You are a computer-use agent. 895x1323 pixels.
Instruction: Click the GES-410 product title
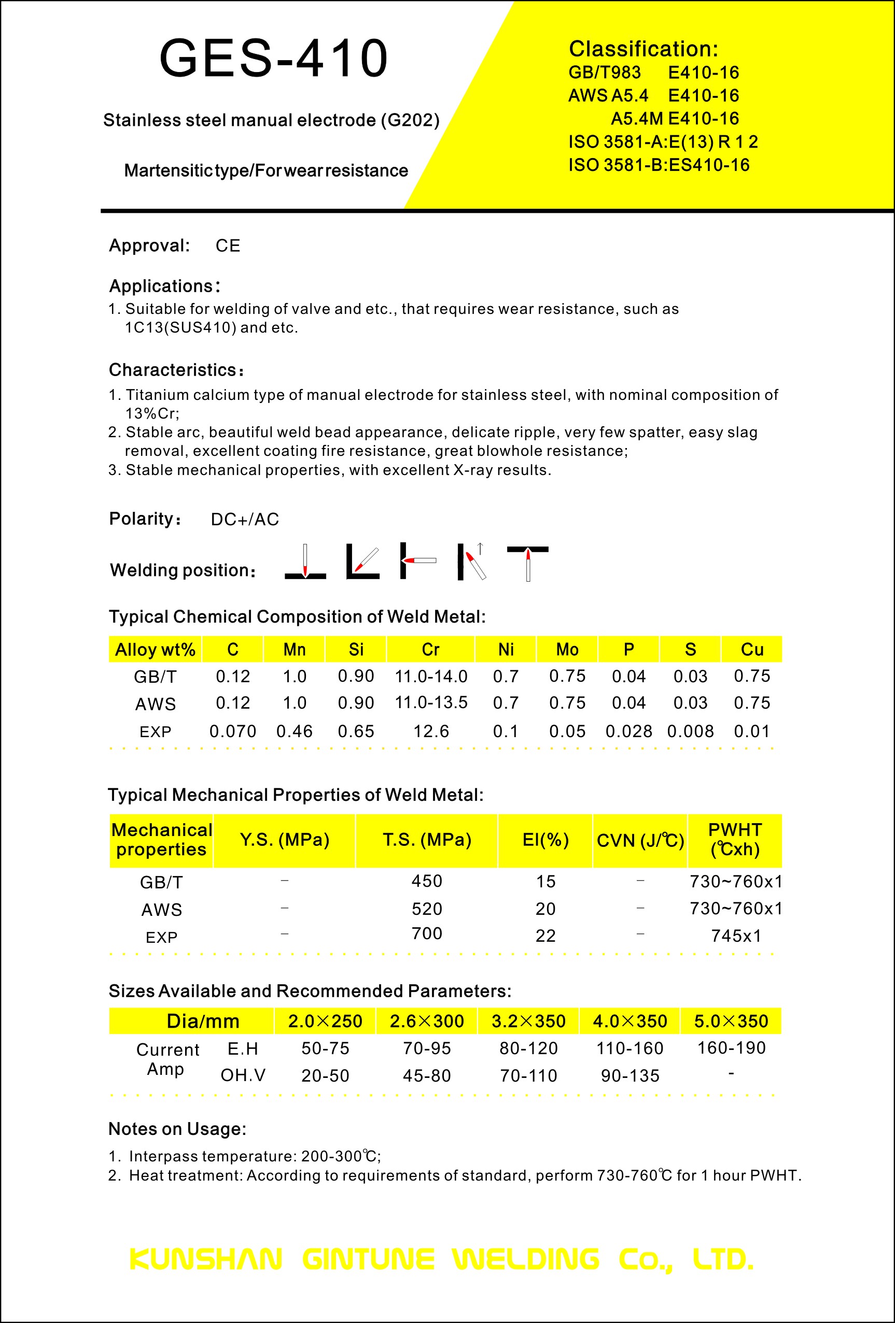(x=273, y=58)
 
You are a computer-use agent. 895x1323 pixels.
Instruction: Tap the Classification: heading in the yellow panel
(x=643, y=49)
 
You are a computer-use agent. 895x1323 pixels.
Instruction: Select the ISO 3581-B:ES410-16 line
(x=659, y=165)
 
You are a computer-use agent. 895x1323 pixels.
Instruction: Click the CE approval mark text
(x=228, y=246)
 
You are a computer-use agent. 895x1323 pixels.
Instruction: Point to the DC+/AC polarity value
(x=245, y=519)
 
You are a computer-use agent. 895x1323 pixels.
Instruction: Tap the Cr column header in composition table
(x=431, y=650)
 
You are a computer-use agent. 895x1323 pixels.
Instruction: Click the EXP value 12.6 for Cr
(x=431, y=731)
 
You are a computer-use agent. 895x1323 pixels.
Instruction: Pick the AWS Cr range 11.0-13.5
(x=431, y=702)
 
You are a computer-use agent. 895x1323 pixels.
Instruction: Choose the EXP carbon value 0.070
(x=233, y=731)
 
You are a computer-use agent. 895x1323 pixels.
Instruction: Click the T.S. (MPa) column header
(x=427, y=840)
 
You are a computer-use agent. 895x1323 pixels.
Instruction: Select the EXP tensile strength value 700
(x=427, y=933)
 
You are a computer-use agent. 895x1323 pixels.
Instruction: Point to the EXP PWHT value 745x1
(x=736, y=936)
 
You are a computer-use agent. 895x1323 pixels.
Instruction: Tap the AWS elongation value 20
(x=545, y=909)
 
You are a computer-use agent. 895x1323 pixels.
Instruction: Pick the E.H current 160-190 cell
(x=732, y=1048)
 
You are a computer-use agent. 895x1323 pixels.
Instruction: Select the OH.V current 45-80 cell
(x=427, y=1076)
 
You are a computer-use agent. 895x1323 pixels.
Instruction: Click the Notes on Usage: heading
(x=177, y=1129)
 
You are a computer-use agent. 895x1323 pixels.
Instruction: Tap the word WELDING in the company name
(x=526, y=1259)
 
